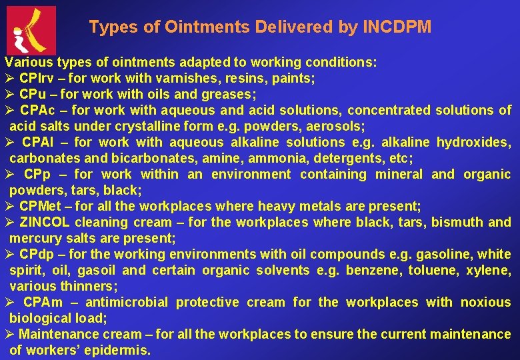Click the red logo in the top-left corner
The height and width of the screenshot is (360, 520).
coord(31,31)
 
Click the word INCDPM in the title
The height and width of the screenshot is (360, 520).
coord(397,27)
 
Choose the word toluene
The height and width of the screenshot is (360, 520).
coord(427,270)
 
